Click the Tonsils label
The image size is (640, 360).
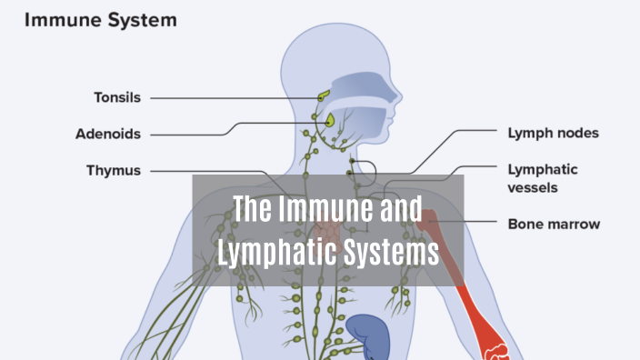coord(116,97)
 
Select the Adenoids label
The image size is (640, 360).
coord(108,134)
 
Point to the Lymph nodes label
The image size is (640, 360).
coord(553,134)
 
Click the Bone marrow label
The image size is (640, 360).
coord(554,223)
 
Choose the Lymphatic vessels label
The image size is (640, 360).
coord(545,178)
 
